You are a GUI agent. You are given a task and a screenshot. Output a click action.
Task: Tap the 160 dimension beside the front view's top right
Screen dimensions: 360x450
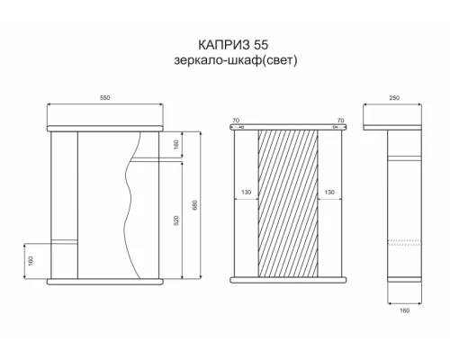(x=175, y=144)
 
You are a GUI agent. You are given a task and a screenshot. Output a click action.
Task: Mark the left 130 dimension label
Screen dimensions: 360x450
(x=246, y=193)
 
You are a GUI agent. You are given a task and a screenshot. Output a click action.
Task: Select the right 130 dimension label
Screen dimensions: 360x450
(x=329, y=193)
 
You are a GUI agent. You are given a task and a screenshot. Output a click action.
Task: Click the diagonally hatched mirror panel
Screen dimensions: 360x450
(x=288, y=202)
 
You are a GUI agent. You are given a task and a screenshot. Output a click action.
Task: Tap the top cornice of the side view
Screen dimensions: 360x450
(x=394, y=127)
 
